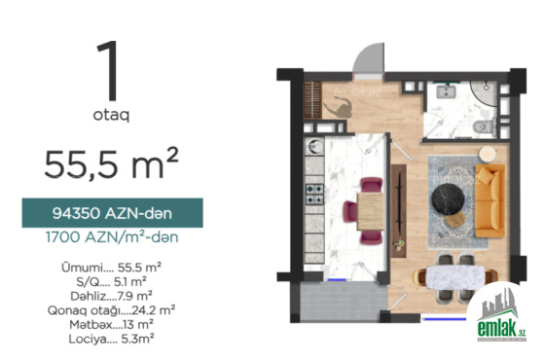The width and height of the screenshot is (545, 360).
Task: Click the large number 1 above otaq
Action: pos(108,70)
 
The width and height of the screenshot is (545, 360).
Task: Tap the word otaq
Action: pos(111,115)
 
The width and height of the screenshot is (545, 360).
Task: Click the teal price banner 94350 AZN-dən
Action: pos(112,213)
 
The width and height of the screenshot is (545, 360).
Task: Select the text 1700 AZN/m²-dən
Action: pos(112,237)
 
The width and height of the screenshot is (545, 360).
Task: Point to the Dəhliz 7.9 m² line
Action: pos(111,296)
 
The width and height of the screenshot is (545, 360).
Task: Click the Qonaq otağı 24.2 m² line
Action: pos(111,310)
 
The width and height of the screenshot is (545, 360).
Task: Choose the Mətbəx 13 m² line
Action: pos(111,325)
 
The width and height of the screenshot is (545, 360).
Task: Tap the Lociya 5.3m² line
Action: pos(111,339)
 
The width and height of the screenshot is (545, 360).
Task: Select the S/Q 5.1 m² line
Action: pos(111,281)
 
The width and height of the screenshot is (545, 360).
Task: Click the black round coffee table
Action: pos(448,199)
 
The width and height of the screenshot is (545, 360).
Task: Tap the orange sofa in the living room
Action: pos(490,200)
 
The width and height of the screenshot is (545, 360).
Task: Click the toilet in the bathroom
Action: pos(485,126)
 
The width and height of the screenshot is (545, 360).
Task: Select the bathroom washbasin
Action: pos(447,91)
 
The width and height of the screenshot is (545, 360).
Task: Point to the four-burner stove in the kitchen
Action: pos(314,195)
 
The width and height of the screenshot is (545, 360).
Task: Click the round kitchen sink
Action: pos(316,146)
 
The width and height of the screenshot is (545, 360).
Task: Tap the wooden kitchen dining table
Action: pos(371,211)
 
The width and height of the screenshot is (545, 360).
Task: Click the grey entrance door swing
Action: pos(369,58)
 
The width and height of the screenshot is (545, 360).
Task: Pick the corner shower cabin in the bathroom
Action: pos(485,93)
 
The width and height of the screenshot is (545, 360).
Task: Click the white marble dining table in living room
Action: pos(455,277)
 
